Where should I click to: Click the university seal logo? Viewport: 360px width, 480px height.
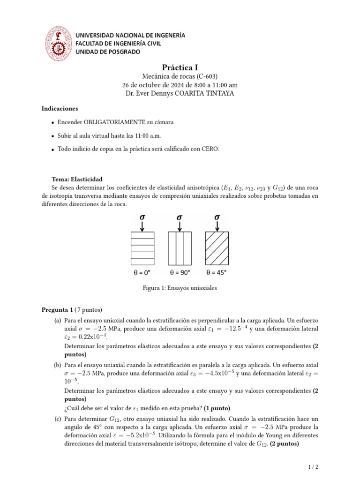click(58, 43)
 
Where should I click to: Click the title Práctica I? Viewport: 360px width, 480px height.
click(180, 68)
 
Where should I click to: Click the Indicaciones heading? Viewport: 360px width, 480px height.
click(60, 108)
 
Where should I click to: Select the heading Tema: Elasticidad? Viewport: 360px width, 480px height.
click(77, 180)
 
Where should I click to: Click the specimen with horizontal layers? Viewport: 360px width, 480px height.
click(142, 248)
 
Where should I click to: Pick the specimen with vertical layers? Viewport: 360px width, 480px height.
click(180, 248)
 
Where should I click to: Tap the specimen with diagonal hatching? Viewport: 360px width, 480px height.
click(217, 248)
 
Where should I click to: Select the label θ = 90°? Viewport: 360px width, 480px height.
click(180, 272)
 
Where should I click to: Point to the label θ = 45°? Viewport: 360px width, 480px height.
click(217, 272)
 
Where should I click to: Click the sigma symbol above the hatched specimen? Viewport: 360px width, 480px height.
click(217, 217)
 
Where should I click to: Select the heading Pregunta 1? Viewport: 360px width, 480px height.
click(57, 310)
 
